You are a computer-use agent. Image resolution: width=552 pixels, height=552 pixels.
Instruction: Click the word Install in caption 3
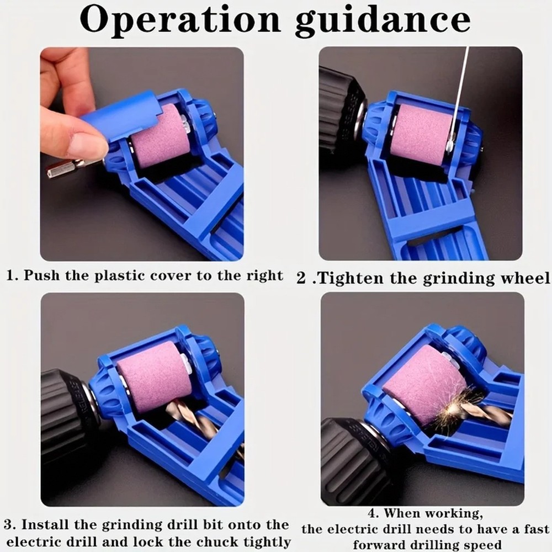[x=44, y=524]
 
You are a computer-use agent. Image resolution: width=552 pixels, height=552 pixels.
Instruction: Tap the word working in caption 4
[x=458, y=514]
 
